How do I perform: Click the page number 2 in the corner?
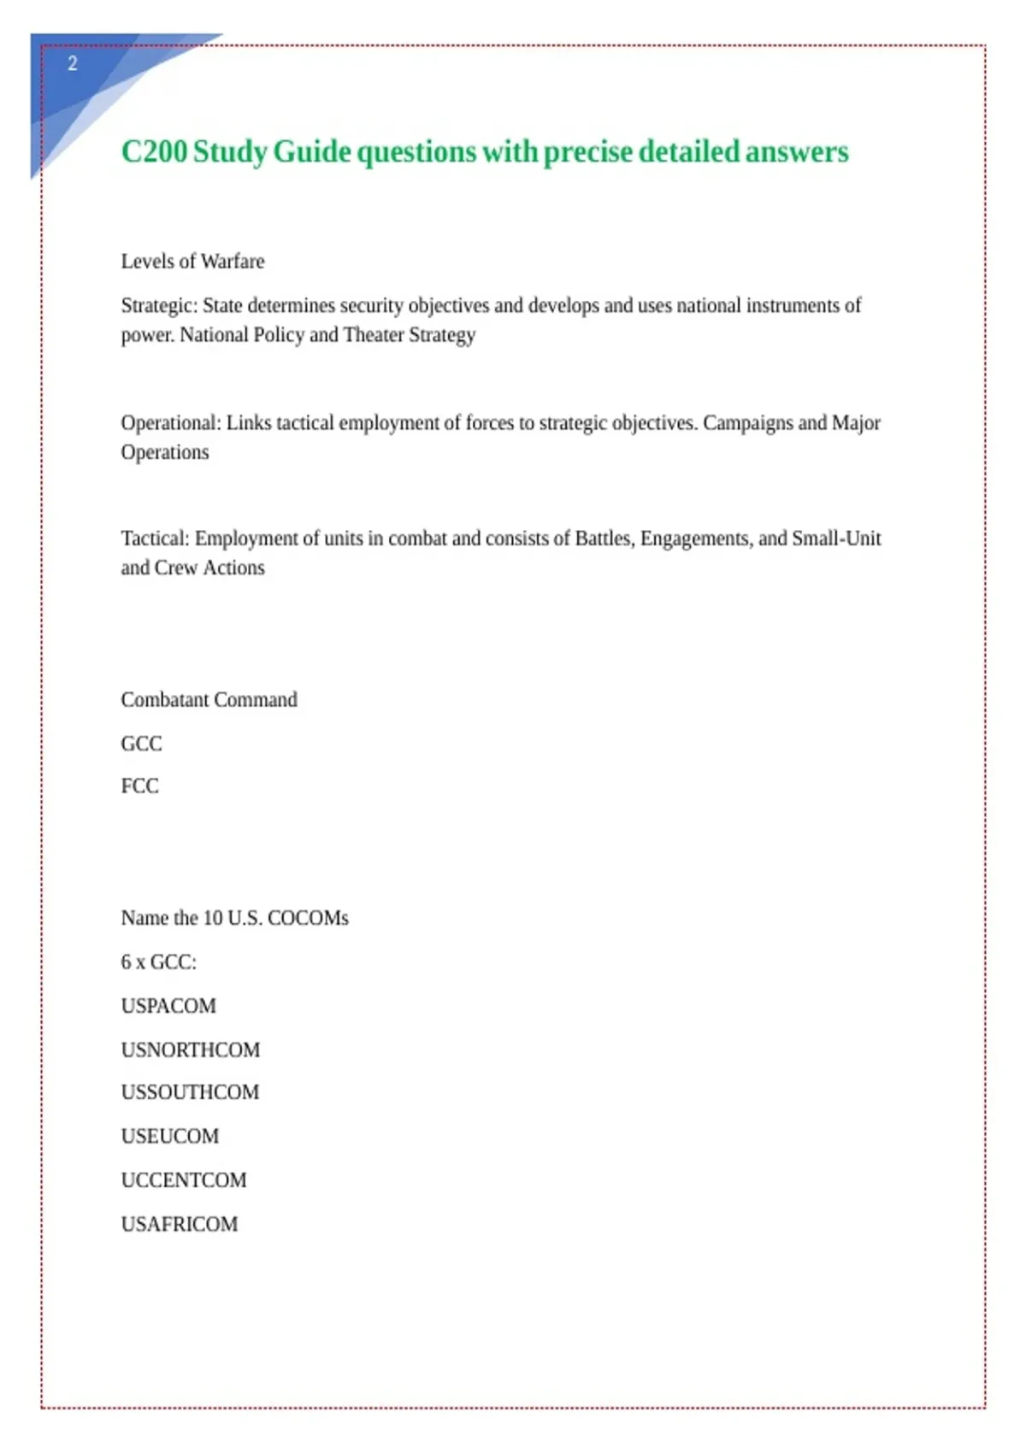(x=73, y=63)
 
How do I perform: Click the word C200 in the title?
(x=154, y=152)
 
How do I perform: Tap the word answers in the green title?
(x=796, y=152)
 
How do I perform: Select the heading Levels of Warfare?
(x=192, y=262)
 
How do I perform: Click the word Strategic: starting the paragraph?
(x=158, y=306)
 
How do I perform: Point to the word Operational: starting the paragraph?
(x=170, y=423)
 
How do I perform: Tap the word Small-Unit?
(x=835, y=538)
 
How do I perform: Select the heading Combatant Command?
(x=209, y=700)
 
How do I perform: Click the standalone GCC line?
(x=141, y=744)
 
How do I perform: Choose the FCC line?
(x=139, y=786)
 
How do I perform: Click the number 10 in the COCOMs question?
(x=212, y=918)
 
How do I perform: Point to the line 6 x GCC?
(x=158, y=962)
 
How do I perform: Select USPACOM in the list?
(x=168, y=1006)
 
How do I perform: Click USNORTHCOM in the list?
(x=190, y=1050)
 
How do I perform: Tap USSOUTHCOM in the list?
(x=190, y=1092)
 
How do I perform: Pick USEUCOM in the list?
(x=169, y=1137)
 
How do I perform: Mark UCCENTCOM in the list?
(x=183, y=1180)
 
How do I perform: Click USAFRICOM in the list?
(x=180, y=1224)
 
